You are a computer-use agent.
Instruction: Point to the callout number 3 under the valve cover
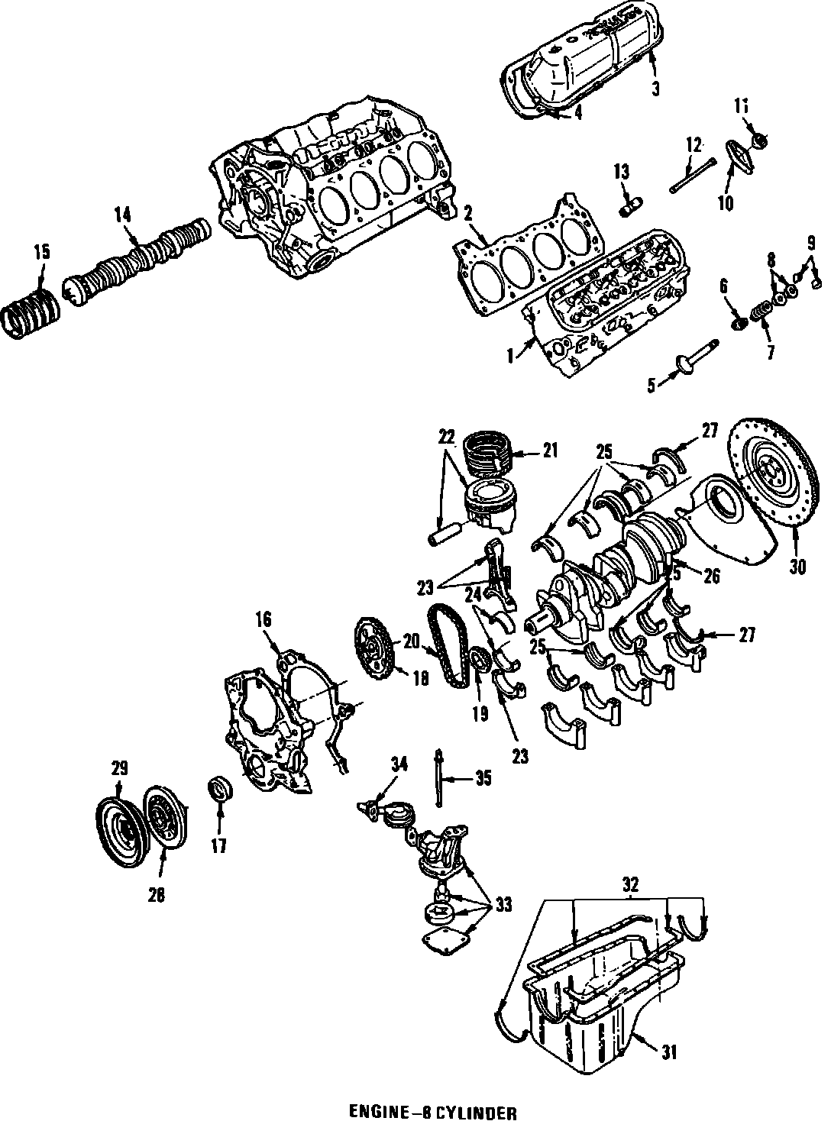coord(655,89)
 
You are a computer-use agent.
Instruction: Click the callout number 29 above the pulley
coord(120,768)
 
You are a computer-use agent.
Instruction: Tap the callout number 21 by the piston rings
coord(551,450)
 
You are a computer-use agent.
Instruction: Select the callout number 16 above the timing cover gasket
coord(264,620)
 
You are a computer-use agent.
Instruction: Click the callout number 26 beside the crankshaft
coord(711,577)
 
